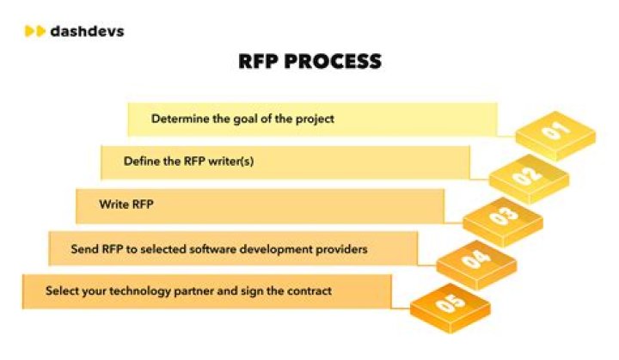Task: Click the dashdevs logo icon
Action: [x=34, y=31]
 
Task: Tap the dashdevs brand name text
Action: [x=87, y=31]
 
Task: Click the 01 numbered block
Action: [x=555, y=132]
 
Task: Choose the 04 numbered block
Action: [x=475, y=260]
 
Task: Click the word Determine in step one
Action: [x=179, y=119]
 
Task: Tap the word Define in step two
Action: [x=140, y=161]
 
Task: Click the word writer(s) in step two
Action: [x=231, y=161]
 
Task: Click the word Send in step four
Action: [x=84, y=249]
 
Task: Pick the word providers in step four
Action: [x=342, y=249]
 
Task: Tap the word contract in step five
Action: [x=308, y=291]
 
